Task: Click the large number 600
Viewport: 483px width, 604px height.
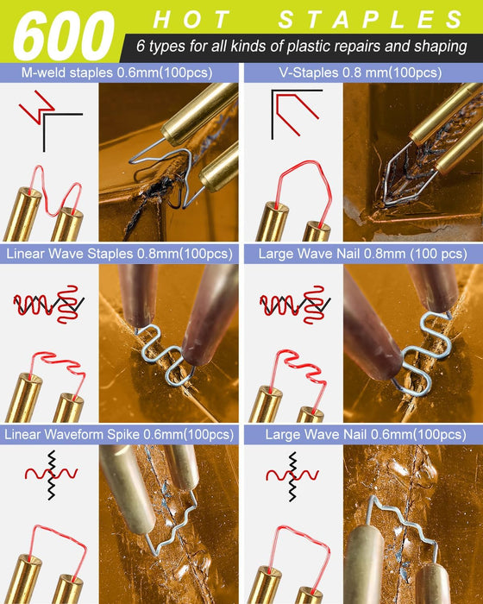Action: (x=64, y=36)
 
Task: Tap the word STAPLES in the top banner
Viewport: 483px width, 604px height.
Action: (x=371, y=20)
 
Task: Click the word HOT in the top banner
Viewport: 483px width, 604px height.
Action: (x=191, y=20)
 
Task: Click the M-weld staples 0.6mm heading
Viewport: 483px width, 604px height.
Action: (x=116, y=72)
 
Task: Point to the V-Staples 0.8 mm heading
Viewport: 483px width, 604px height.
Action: (x=361, y=72)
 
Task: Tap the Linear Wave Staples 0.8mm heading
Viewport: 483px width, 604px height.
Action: (x=119, y=254)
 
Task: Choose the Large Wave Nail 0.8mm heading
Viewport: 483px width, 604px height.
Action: (x=363, y=254)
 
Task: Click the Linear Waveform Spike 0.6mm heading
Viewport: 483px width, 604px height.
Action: (x=119, y=435)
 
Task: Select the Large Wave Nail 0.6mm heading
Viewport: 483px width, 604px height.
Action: (x=366, y=435)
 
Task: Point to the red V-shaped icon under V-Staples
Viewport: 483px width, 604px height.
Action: (x=297, y=114)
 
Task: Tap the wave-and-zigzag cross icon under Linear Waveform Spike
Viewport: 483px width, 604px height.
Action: (x=51, y=475)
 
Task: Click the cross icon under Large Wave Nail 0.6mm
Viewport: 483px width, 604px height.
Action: (x=292, y=476)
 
